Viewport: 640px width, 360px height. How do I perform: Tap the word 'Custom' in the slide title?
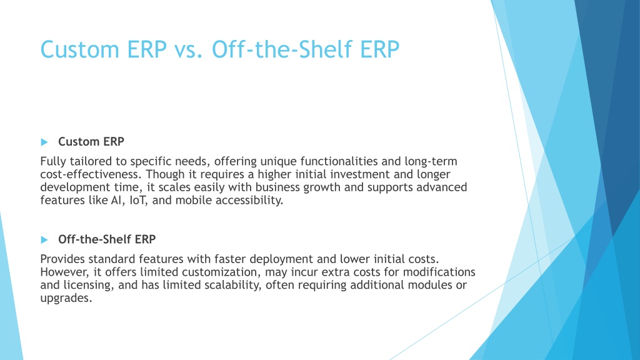pos(80,50)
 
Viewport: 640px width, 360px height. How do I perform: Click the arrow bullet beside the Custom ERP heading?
pos(44,142)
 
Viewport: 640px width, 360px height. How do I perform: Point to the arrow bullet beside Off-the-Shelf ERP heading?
pos(44,239)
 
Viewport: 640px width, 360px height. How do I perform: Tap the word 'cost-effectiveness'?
pos(91,174)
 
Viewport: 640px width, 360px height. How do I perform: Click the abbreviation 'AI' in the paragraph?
pos(116,201)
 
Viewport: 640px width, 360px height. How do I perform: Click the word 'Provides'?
pos(62,259)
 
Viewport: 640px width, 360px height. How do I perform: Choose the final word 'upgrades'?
pos(66,298)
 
